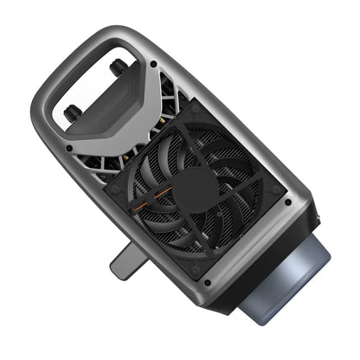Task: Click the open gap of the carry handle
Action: tap(87, 87)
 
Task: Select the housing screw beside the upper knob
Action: tap(154, 63)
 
